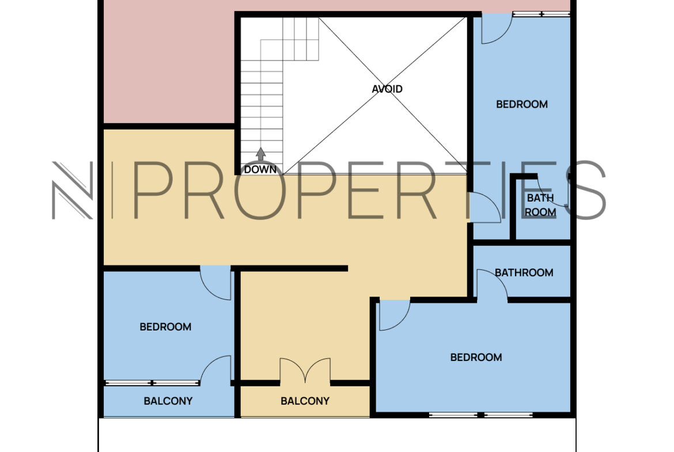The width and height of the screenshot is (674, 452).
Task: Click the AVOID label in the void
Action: (x=387, y=89)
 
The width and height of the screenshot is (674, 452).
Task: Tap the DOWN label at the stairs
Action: (x=260, y=169)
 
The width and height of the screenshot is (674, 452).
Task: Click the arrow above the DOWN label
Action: (x=260, y=154)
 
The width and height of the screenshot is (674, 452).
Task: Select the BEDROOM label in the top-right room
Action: (x=522, y=104)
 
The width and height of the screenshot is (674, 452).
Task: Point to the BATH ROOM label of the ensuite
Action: (x=540, y=205)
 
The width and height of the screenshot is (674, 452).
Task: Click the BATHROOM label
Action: (x=524, y=272)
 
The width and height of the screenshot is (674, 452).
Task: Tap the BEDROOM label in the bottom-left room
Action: (x=165, y=327)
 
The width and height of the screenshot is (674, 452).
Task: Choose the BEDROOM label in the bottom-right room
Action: (x=476, y=358)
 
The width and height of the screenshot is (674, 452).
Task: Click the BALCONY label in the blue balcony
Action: (x=168, y=401)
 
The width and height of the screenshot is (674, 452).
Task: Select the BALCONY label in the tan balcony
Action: (x=305, y=401)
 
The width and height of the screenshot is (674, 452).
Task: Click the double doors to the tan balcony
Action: (x=305, y=370)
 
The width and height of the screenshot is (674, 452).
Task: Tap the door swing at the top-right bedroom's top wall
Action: (x=497, y=29)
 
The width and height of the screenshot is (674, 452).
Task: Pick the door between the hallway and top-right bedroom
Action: (x=485, y=207)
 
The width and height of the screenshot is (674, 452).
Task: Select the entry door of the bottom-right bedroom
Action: (x=395, y=315)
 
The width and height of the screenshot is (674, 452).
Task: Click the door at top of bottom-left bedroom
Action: (x=216, y=283)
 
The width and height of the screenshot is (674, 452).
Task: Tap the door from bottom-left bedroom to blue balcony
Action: (x=216, y=369)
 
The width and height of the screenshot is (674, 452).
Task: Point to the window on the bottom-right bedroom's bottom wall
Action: (x=480, y=415)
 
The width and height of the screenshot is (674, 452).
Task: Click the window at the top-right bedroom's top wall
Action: (x=542, y=14)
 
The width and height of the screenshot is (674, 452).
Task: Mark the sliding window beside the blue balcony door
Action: (x=152, y=383)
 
